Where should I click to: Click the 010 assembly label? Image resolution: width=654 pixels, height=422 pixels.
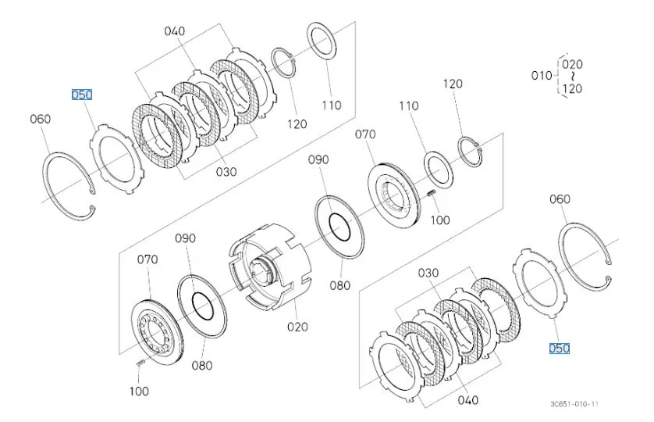point(541,76)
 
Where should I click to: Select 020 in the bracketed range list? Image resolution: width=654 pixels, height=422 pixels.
point(574,63)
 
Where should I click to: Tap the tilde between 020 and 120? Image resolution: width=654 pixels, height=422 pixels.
point(573,76)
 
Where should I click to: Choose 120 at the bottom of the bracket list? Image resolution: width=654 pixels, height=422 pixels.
point(574,88)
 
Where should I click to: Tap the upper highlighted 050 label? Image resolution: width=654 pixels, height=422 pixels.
point(82,95)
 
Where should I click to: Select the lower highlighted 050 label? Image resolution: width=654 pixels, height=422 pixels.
point(559,349)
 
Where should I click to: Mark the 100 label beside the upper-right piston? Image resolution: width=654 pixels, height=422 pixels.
point(440,220)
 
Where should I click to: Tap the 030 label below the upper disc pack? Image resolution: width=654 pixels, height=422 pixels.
point(226,171)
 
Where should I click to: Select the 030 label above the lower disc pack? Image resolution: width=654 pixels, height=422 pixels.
point(428,273)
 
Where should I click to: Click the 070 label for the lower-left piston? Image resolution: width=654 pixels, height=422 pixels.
point(148,259)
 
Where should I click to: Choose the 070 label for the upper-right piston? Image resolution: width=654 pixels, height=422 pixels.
point(365,134)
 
